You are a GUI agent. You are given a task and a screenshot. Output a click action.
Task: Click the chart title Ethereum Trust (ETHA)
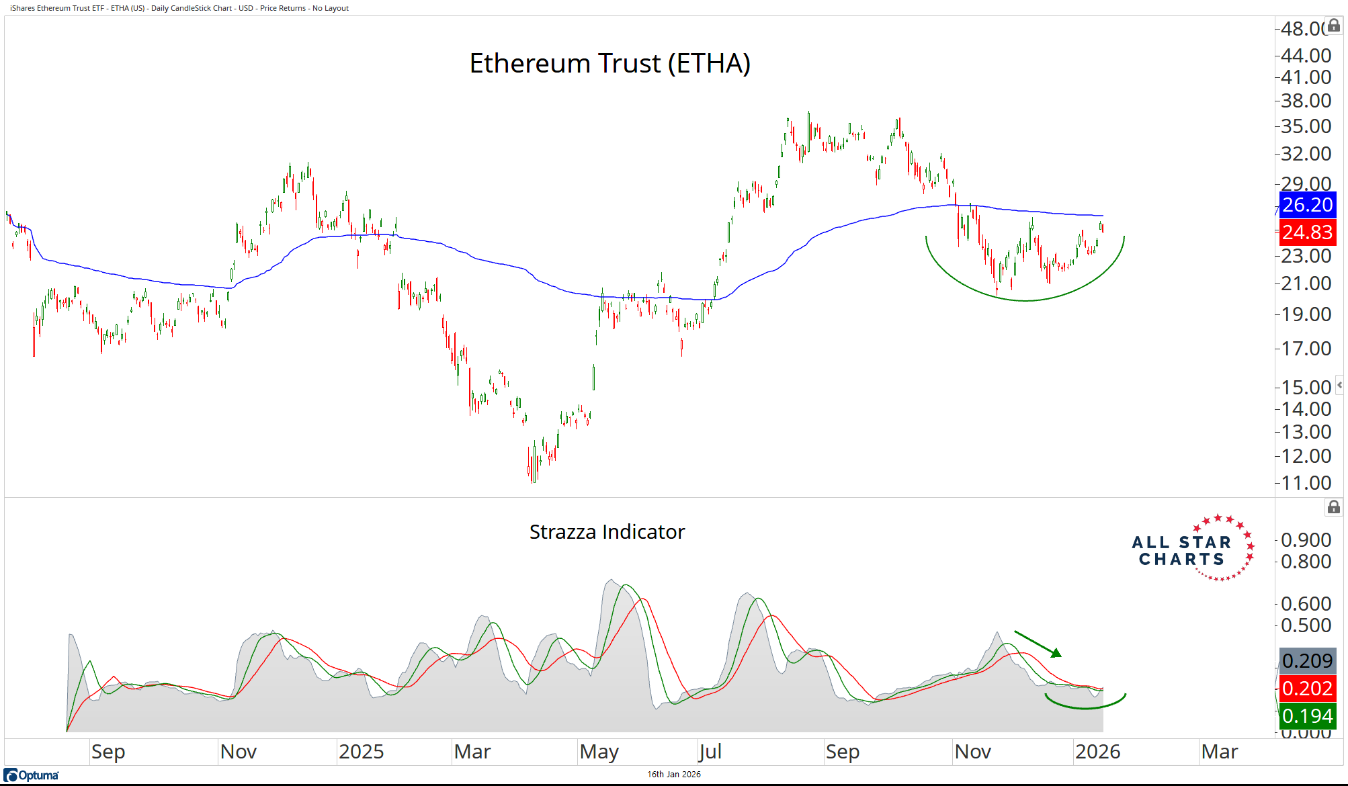(x=609, y=64)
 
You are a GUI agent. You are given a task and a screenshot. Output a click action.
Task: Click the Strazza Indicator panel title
(x=607, y=532)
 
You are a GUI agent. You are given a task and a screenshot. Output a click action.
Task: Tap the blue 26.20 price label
(x=1307, y=205)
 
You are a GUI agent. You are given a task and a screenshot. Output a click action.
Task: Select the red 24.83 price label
(x=1307, y=232)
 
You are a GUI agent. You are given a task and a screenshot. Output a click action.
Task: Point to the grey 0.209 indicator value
(x=1307, y=661)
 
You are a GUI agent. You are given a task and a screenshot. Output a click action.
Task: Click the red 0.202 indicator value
(x=1307, y=689)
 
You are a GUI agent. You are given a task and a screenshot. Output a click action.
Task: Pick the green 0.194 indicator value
(x=1307, y=716)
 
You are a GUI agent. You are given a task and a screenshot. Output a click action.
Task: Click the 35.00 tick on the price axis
(x=1306, y=126)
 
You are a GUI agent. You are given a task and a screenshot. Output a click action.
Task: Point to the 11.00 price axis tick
(x=1306, y=483)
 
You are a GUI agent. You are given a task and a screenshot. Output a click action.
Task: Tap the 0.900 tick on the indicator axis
(x=1306, y=540)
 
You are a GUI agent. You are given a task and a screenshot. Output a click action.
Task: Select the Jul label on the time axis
(x=710, y=752)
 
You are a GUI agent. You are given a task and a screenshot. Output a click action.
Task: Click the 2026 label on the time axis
(x=1097, y=752)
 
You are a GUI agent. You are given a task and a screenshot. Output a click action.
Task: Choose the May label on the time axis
(x=599, y=752)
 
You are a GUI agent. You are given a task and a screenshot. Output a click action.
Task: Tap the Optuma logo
(x=32, y=775)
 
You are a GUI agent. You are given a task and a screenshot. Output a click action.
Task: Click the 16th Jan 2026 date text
(x=673, y=775)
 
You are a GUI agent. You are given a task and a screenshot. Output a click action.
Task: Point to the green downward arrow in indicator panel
(x=1038, y=644)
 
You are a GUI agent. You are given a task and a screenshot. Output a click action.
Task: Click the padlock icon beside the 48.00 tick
(x=1334, y=26)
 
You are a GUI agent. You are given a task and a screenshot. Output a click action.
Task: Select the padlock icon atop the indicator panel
(x=1334, y=507)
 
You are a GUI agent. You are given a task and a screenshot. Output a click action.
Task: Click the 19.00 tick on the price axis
(x=1306, y=314)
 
